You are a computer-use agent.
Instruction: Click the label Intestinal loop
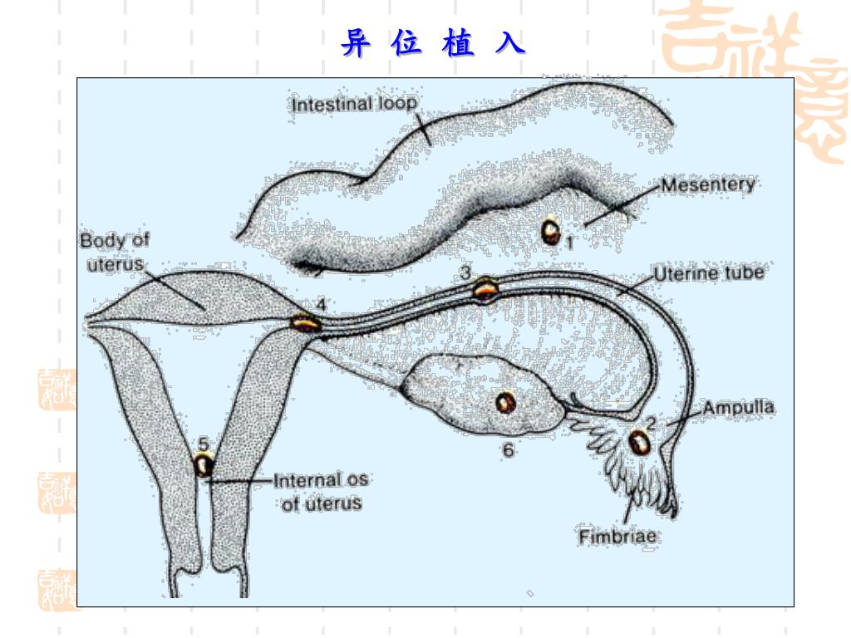[354, 106]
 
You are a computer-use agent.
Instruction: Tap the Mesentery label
[708, 184]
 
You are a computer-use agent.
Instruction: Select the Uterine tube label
[708, 273]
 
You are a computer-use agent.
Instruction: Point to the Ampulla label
[739, 408]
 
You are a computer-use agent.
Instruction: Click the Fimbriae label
[618, 537]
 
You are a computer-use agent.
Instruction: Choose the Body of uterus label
[114, 253]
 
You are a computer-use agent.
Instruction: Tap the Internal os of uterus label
[320, 491]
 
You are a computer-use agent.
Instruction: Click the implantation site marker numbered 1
[550, 230]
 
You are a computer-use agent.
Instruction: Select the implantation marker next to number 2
[638, 442]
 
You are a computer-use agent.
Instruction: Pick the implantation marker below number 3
[486, 289]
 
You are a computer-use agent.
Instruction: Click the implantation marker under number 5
[203, 464]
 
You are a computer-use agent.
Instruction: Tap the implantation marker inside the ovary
[505, 403]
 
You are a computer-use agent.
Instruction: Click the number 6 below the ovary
[509, 450]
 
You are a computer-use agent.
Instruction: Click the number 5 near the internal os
[203, 442]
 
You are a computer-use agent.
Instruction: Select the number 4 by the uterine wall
[321, 305]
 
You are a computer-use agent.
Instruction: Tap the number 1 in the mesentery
[571, 242]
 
